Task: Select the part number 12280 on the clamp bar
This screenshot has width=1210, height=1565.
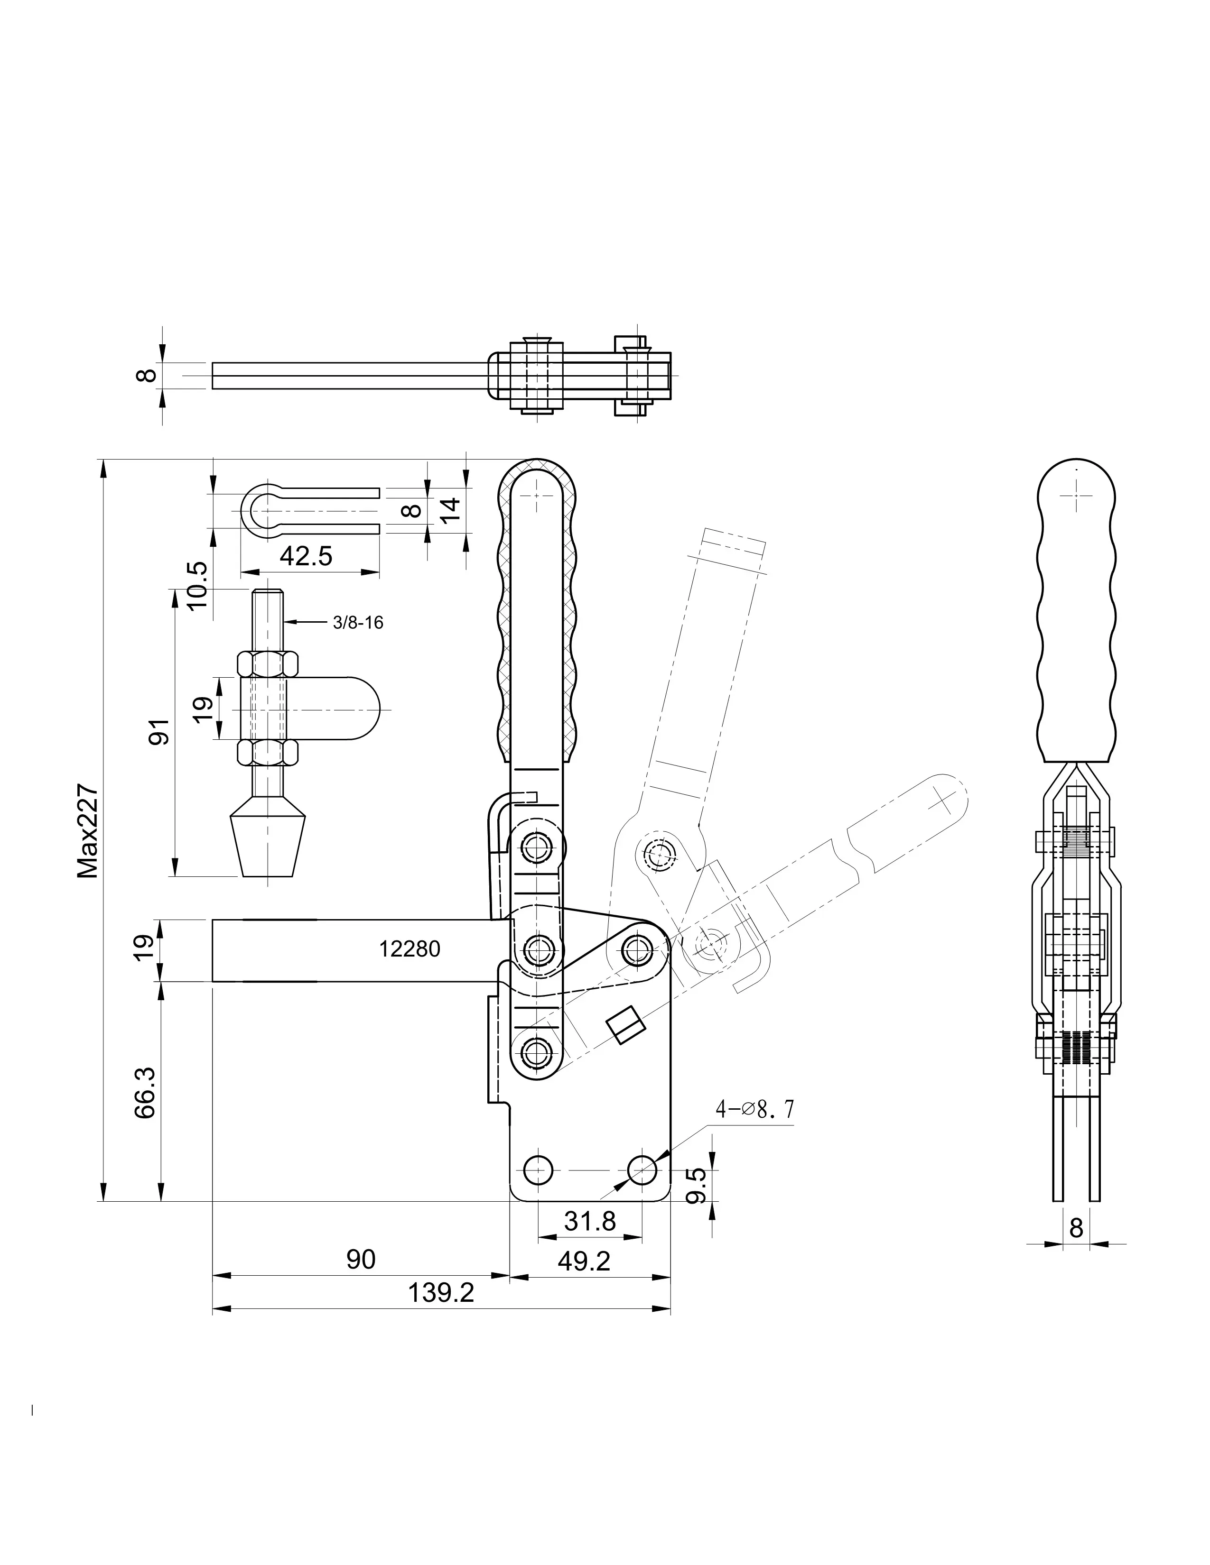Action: click(x=410, y=949)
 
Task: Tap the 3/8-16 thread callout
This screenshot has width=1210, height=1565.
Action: click(x=358, y=623)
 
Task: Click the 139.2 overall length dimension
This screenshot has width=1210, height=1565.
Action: click(x=441, y=1293)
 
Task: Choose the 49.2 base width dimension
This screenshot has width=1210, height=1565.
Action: click(x=584, y=1261)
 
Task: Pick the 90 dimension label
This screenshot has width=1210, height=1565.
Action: click(x=361, y=1259)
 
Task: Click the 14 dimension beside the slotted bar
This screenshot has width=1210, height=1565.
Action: click(x=449, y=510)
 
